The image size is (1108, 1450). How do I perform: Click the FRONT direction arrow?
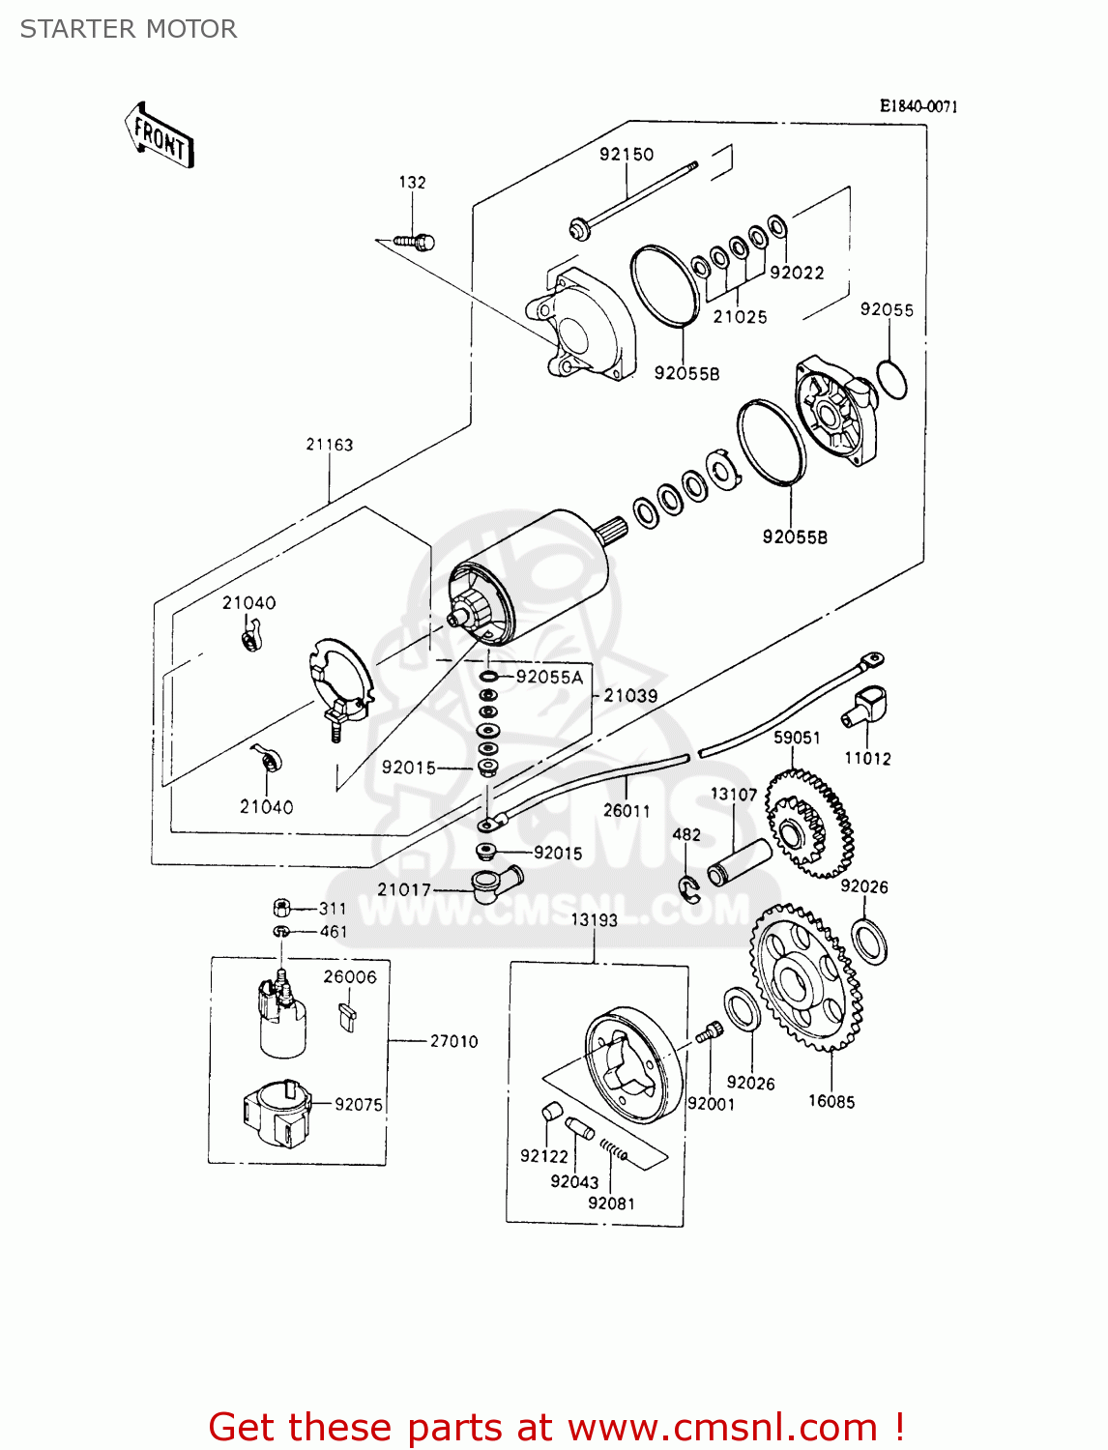[x=160, y=136]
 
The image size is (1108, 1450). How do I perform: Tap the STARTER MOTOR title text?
[x=129, y=29]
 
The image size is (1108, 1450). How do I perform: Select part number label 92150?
[x=626, y=155]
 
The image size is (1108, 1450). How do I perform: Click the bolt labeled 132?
[x=417, y=242]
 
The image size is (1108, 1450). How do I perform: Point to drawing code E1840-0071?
[x=918, y=106]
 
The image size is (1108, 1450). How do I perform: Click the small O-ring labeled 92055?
[x=891, y=379]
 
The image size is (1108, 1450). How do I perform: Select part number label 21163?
[x=330, y=445]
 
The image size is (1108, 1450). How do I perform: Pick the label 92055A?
[x=549, y=678]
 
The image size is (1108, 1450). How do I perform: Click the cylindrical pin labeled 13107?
[x=740, y=863]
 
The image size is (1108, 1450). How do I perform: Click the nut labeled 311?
[x=281, y=908]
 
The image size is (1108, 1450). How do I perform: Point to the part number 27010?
[x=453, y=1041]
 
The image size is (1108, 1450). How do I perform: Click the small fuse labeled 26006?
[x=348, y=1018]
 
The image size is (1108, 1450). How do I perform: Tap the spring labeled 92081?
[x=614, y=1149]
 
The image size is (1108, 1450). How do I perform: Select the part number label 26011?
[x=627, y=811]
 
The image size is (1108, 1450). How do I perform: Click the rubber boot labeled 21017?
[x=495, y=884]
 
